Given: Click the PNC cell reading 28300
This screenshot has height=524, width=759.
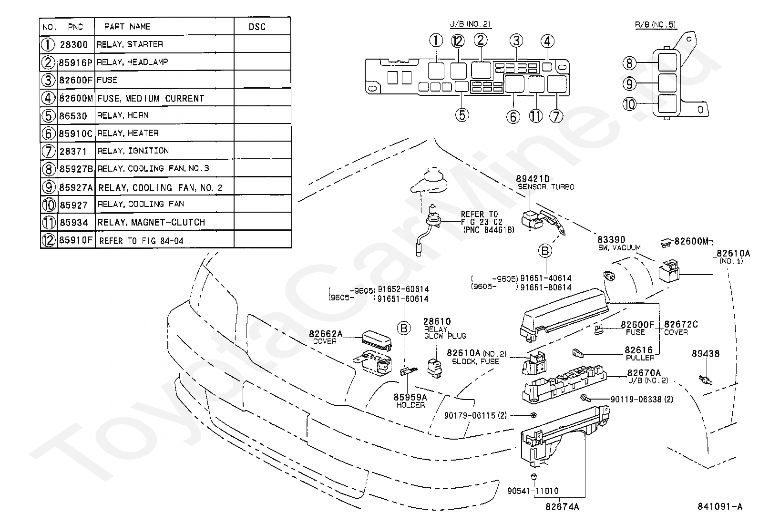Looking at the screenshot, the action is point(73,44).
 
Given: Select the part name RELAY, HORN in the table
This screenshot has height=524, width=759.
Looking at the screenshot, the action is point(123,115).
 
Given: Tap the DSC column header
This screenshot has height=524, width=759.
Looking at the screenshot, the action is point(257,27).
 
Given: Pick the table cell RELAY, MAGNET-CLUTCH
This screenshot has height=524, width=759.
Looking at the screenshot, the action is point(151,222).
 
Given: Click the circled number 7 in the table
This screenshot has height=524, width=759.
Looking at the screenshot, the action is point(48,151).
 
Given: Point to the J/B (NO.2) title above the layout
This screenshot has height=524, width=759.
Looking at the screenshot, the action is point(470,24).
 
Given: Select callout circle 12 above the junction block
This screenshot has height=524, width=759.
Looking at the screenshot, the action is point(457,41).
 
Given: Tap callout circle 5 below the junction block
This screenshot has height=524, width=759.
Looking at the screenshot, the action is point(462,115).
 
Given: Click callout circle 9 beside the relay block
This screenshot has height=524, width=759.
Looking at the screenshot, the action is point(629,84).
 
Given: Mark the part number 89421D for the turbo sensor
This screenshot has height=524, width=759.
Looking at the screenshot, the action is point(533,179).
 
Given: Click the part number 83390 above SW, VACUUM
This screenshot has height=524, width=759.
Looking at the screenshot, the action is point(611,240).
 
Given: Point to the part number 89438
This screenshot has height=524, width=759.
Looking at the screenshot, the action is point(706,353).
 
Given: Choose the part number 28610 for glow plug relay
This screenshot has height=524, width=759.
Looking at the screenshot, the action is point(437,321).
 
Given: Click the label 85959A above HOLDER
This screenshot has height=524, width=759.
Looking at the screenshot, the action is point(410,397).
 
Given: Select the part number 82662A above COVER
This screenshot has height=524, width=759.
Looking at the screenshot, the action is point(326,334).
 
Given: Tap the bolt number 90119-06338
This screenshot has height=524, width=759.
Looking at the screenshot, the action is point(636,399).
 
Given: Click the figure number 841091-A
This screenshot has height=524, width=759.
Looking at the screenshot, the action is point(720,506).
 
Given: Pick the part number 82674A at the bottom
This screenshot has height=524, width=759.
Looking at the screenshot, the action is point(562,507).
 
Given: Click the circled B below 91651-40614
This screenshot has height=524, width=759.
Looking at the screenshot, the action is point(545,251).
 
